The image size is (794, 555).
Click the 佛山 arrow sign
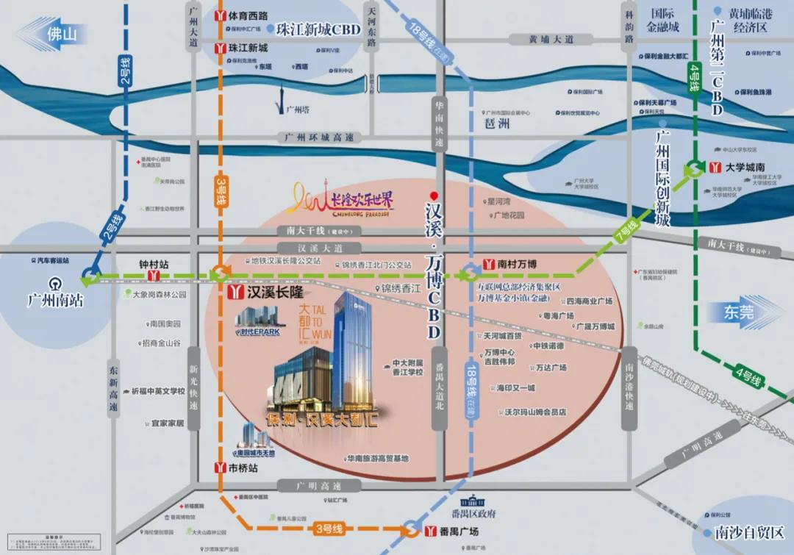coord(55,34)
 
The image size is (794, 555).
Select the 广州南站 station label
coord(49,301)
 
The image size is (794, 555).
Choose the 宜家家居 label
coord(167,423)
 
